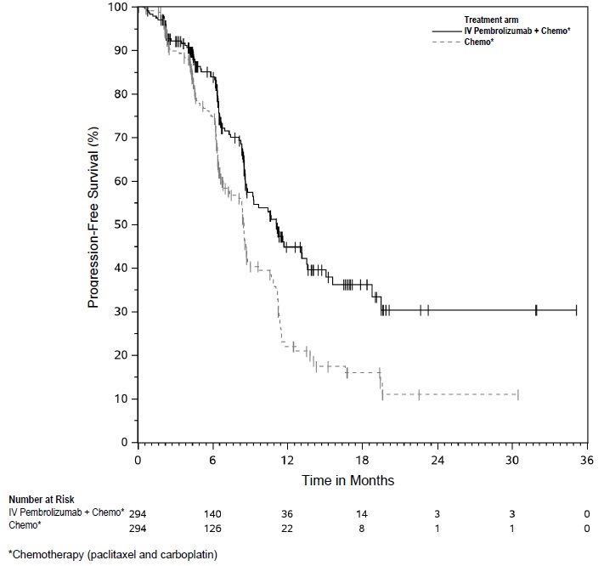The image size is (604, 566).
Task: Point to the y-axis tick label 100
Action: point(118,7)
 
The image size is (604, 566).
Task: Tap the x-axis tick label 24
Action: point(437,460)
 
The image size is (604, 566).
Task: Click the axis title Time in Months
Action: point(348,480)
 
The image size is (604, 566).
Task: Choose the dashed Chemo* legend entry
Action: point(480,42)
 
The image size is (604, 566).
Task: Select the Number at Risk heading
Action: point(40,500)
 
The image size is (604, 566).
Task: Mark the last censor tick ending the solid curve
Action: point(576,310)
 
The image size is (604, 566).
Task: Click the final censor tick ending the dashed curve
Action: point(517,394)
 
